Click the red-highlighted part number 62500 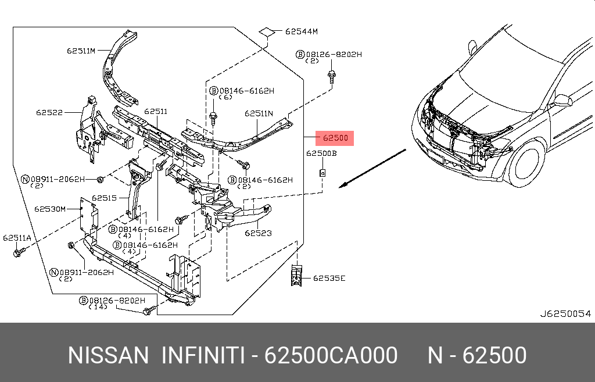(x=335, y=138)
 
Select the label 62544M (x=301, y=31)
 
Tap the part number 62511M (x=80, y=51)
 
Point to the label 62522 (x=49, y=112)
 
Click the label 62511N (x=259, y=113)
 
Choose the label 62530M (x=49, y=209)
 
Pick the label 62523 (x=258, y=233)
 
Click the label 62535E (x=329, y=279)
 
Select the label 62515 (x=105, y=198)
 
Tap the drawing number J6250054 (x=565, y=313)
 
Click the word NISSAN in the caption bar (x=108, y=355)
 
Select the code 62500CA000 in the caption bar (x=331, y=355)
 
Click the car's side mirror (x=562, y=101)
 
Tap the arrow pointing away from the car (x=372, y=168)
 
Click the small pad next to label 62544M (x=266, y=32)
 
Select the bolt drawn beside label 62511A (x=19, y=252)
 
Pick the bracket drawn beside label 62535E (x=296, y=276)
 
